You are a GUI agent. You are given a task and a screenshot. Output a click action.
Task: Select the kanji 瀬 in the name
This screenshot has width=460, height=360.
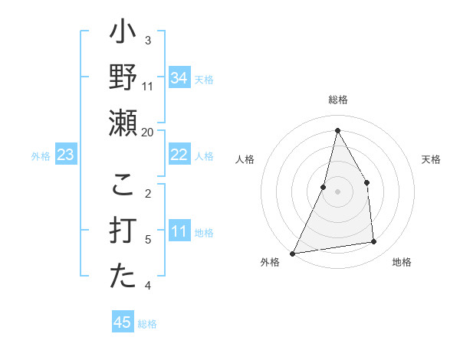[123, 123]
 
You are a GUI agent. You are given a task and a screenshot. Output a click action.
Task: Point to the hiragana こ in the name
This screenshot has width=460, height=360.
[123, 185]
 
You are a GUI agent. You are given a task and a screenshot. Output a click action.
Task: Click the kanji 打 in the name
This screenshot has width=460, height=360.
[123, 231]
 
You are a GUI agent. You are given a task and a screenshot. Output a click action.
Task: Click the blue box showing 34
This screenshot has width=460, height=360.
[179, 78]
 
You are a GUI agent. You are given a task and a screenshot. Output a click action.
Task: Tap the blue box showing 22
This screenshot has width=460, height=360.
[179, 155]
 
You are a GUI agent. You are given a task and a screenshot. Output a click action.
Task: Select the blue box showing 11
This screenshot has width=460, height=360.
[179, 232]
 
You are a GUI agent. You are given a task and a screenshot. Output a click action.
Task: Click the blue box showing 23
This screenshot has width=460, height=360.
[66, 155]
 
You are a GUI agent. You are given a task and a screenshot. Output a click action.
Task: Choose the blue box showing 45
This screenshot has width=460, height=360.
[123, 322]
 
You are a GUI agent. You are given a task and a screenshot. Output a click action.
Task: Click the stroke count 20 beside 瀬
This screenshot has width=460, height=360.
[148, 133]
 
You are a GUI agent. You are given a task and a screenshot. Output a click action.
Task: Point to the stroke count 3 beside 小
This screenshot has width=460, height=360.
[148, 40]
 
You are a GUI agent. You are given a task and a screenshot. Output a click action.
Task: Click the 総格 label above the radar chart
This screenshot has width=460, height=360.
[337, 100]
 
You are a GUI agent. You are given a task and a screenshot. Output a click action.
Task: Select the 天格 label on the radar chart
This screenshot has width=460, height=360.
[431, 159]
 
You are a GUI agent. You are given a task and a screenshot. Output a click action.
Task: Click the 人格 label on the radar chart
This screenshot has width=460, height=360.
[245, 159]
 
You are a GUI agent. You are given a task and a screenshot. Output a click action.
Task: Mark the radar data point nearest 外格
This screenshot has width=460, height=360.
[293, 254]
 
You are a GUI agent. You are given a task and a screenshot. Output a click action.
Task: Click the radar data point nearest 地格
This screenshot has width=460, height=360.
[374, 242]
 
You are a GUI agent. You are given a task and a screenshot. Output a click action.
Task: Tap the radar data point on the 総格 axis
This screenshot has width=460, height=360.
[337, 130]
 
